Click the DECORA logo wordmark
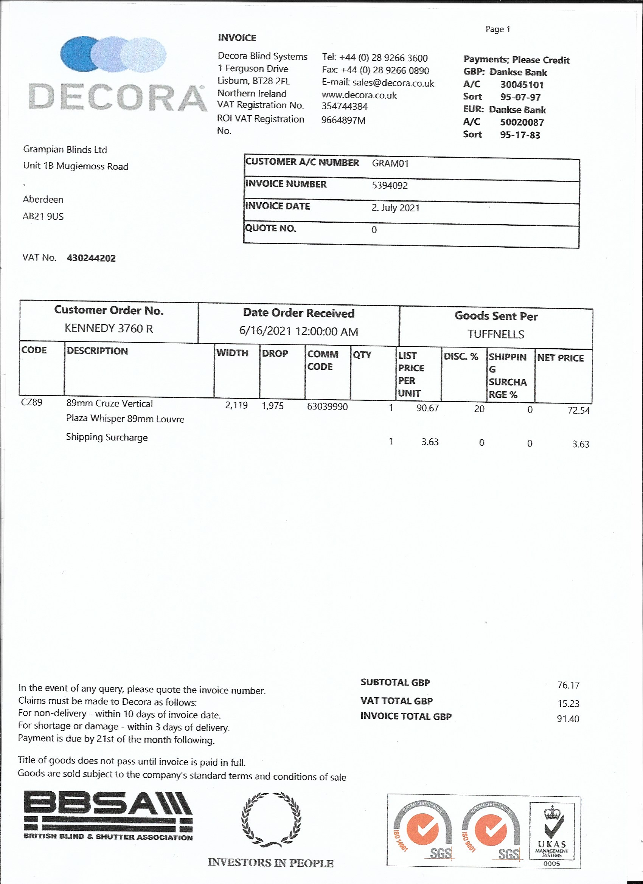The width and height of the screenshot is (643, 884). coord(117,98)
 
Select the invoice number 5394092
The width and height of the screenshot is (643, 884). coord(390,186)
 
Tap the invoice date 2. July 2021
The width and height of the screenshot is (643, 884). coord(395,208)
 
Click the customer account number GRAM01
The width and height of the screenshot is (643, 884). coord(390,163)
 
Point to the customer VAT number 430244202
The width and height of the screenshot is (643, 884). coord(91,258)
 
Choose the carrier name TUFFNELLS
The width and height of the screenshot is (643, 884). coord(495,334)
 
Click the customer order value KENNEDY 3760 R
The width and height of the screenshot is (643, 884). coord(109,328)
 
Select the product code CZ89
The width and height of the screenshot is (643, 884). coord(32,402)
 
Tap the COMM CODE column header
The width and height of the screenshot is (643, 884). coord(323,360)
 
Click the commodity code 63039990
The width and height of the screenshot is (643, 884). coord(327,406)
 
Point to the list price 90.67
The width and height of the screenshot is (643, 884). coord(427,408)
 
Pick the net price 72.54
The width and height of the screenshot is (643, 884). coord(579,411)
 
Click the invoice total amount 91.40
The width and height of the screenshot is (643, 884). coord(568,719)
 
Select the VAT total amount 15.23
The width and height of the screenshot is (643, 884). coord(568,704)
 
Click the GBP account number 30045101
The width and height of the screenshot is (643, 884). coord(522,85)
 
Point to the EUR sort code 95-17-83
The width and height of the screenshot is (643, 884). coord(520,135)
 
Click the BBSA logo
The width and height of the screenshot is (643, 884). coord(108,815)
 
